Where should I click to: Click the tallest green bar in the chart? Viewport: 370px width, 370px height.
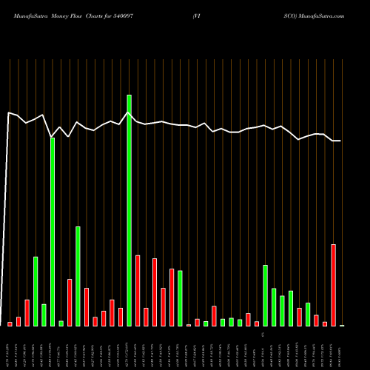(129, 210)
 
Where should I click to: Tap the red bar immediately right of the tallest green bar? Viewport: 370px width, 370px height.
(138, 290)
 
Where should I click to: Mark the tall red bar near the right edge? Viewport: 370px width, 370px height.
(334, 285)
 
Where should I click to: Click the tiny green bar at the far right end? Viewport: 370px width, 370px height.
(342, 325)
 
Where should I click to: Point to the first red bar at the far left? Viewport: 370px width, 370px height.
(10, 323)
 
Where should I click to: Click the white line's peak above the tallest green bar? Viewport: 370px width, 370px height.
(129, 112)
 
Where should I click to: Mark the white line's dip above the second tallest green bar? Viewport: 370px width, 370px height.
(53, 136)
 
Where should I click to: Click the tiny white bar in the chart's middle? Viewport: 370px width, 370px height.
(189, 325)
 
